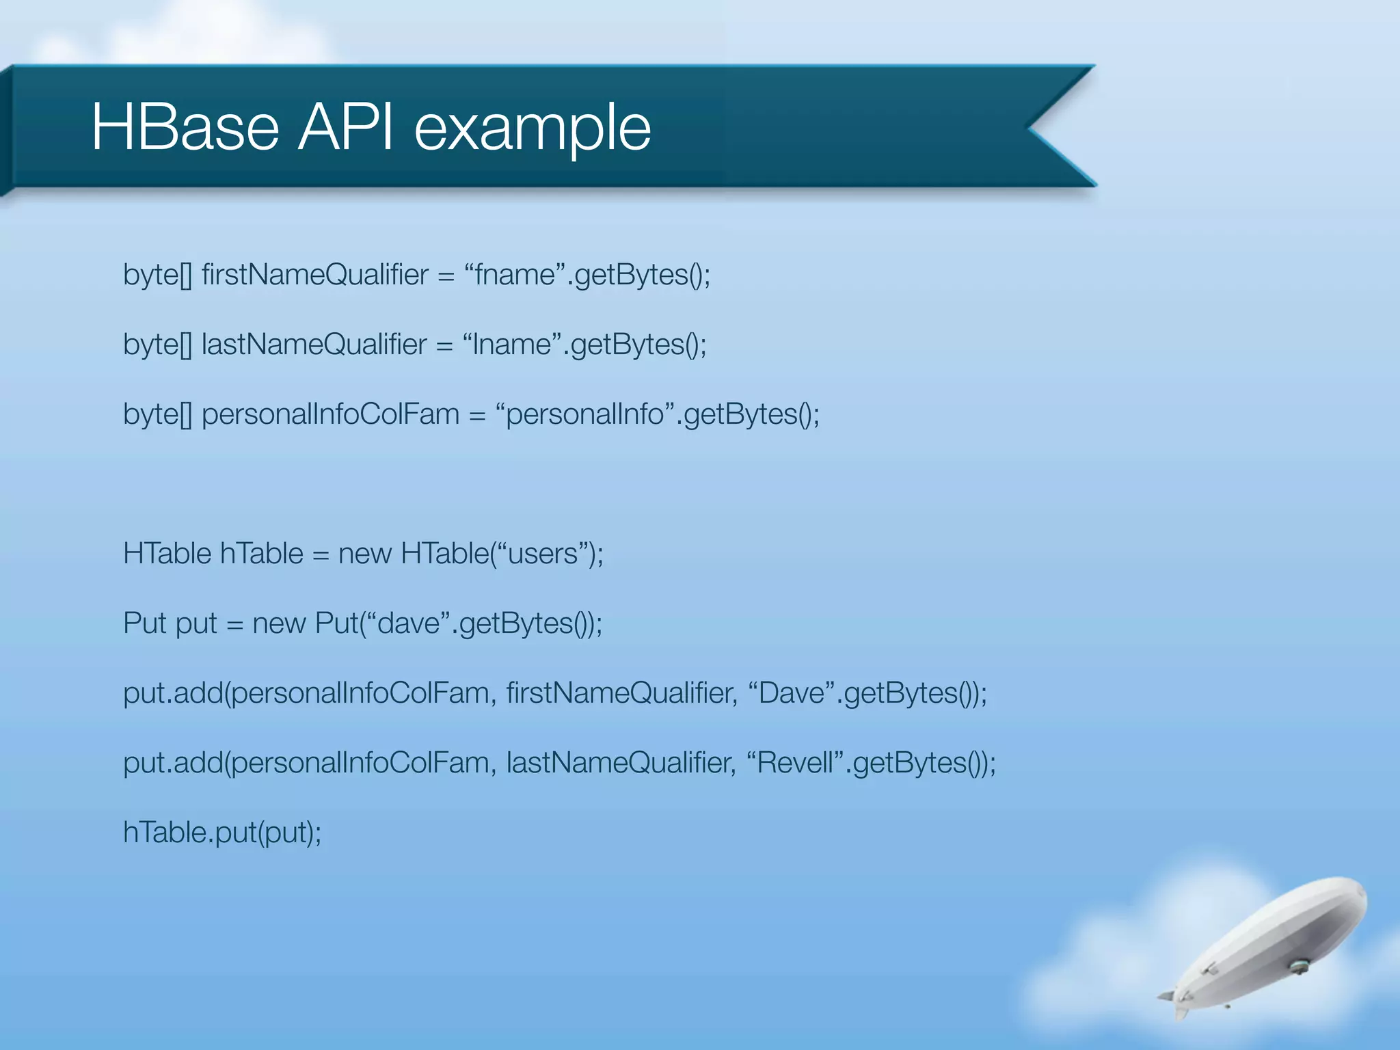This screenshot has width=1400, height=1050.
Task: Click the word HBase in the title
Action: (185, 128)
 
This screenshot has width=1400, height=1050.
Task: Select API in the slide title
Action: (346, 128)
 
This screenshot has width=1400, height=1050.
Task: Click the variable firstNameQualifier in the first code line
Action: (315, 275)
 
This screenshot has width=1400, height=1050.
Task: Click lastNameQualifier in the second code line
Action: (314, 345)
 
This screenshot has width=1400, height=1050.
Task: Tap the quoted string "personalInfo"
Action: (585, 414)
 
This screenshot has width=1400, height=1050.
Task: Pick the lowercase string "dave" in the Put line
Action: (409, 623)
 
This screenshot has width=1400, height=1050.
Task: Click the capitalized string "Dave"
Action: (792, 693)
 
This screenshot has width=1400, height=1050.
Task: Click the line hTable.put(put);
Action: (222, 833)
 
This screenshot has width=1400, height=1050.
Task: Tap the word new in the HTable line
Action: (364, 554)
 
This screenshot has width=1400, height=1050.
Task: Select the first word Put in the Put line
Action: (145, 623)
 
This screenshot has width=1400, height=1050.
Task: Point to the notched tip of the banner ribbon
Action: (1032, 127)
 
